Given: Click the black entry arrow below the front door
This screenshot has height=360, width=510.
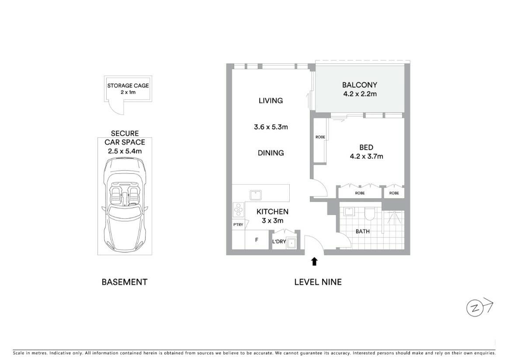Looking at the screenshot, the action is tap(314, 262).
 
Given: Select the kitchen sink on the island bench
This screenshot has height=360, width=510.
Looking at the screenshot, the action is tap(256, 195).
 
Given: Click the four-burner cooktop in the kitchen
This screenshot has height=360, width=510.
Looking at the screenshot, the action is tap(239, 210).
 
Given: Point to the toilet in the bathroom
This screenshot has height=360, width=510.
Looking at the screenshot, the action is tap(369, 213).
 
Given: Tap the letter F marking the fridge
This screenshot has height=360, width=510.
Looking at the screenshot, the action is tap(257, 240).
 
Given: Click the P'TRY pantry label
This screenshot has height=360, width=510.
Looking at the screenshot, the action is tap(238, 224).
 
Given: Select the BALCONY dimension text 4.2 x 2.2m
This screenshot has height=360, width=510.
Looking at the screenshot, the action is tap(360, 94).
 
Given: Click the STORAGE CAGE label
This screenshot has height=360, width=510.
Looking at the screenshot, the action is tap(128, 86).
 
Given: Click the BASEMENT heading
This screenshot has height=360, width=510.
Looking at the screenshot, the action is tap(125, 282).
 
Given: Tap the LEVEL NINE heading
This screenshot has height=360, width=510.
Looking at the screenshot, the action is tap(318, 282).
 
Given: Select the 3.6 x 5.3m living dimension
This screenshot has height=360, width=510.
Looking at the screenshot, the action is tap(271, 127).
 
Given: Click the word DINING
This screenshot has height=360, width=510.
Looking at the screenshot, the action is tap(271, 153).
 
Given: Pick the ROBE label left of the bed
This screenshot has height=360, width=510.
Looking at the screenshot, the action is tap(320, 137).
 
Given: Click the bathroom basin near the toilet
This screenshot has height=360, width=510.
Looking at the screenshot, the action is tap(349, 212).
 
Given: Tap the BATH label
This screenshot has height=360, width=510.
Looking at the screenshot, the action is tap(362, 231).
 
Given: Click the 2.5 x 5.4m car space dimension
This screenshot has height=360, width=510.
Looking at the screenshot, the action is tap(125, 151).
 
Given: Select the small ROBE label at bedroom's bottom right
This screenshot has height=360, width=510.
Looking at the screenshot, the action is tap(394, 193).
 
